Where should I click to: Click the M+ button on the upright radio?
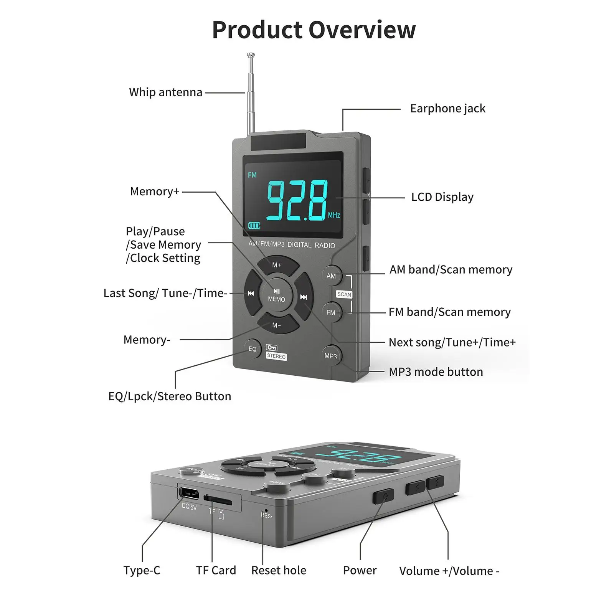(277, 265)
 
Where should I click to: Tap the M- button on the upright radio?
(277, 325)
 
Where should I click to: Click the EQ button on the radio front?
(253, 349)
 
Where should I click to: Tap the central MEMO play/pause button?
(277, 295)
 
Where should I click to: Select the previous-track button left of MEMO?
(251, 294)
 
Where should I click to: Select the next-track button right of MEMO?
(304, 297)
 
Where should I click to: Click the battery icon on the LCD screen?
(254, 225)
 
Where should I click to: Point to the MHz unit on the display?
(334, 215)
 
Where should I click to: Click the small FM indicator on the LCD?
(252, 175)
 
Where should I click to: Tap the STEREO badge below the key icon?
(276, 357)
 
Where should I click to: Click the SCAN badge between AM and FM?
(344, 294)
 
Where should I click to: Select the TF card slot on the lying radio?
(218, 500)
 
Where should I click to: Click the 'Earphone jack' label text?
(447, 109)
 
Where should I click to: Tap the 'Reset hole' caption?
(279, 570)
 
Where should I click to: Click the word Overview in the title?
(362, 30)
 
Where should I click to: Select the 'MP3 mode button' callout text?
(436, 372)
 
